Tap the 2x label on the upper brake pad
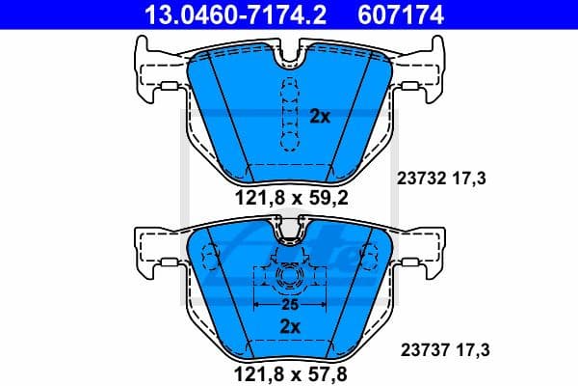320,117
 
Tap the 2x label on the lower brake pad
290,327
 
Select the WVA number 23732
419,178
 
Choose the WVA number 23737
419,351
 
